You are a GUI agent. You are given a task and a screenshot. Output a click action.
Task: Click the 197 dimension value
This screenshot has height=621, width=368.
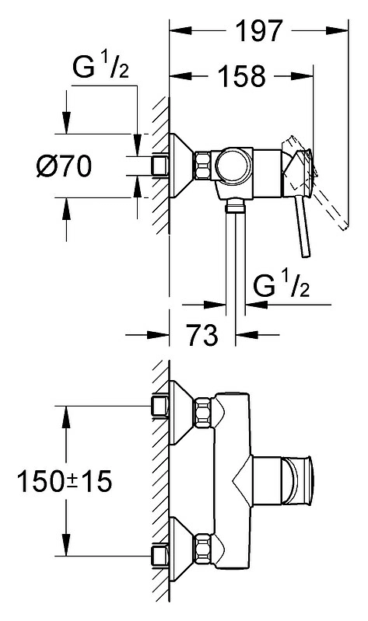pyautogui.click(x=259, y=30)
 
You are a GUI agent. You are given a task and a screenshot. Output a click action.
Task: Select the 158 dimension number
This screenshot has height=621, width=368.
pyautogui.click(x=242, y=75)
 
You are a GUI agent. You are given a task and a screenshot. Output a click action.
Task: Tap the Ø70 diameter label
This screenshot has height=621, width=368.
pyautogui.click(x=64, y=166)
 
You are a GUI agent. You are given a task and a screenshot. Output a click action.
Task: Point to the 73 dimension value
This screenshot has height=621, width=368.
pyautogui.click(x=202, y=335)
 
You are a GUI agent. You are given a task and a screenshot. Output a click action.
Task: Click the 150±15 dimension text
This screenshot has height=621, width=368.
pyautogui.click(x=65, y=481)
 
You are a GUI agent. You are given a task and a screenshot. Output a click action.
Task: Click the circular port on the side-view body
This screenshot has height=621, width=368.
pyautogui.click(x=234, y=166)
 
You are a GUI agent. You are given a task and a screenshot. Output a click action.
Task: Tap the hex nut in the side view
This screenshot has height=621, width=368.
pyautogui.click(x=202, y=166)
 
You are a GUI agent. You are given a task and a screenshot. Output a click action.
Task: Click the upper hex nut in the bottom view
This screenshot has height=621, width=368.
pyautogui.click(x=202, y=413)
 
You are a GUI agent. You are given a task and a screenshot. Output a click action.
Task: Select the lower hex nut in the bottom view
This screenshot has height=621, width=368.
pyautogui.click(x=202, y=548)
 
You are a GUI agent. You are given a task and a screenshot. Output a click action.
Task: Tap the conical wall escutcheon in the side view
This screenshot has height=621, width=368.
pyautogui.click(x=181, y=166)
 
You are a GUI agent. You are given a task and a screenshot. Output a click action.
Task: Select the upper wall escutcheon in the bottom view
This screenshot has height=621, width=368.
pyautogui.click(x=181, y=413)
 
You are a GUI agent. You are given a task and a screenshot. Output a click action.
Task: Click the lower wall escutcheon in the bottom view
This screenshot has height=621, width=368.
pyautogui.click(x=181, y=548)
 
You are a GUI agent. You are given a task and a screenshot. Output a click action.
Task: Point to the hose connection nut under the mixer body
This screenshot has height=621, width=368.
pyautogui.click(x=235, y=207)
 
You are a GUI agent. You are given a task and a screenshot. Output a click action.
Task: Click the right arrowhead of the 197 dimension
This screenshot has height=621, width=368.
pyautogui.click(x=337, y=30)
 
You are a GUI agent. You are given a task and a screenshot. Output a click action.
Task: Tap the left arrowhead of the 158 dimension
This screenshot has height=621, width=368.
pyautogui.click(x=180, y=75)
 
